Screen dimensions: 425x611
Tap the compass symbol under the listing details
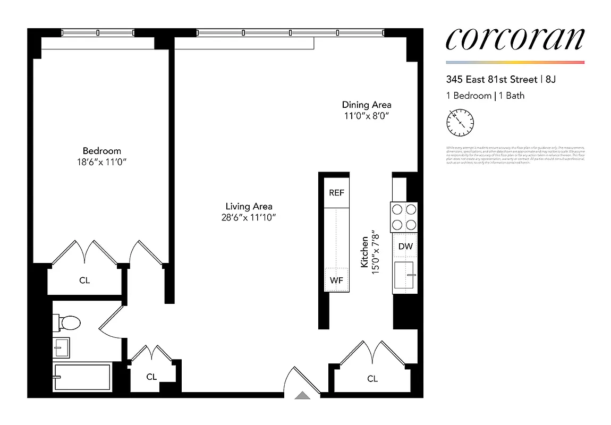click(460, 123)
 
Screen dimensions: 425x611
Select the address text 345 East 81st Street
click(491, 80)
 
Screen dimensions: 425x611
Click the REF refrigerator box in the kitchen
click(336, 193)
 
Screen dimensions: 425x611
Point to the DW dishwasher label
click(405, 246)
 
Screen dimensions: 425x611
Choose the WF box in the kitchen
click(337, 280)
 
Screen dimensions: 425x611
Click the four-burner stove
click(404, 217)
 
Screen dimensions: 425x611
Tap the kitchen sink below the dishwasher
click(405, 275)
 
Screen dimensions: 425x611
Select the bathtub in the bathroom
click(82, 377)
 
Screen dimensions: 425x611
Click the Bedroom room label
click(101, 151)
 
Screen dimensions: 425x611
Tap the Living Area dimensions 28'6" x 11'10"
click(249, 217)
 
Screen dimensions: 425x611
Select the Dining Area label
click(366, 105)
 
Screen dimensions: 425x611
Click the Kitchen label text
click(364, 252)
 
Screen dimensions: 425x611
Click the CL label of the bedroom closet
click(84, 280)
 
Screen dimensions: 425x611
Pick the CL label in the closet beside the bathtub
click(151, 377)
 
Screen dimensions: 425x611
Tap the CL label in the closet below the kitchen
click(372, 379)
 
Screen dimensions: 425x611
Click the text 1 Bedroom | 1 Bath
click(485, 96)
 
